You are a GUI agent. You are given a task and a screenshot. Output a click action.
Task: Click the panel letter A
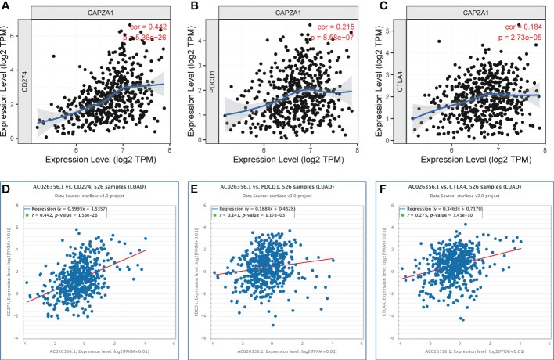coord(5,6)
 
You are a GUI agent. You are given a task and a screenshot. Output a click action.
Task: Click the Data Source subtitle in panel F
coord(462,199)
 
